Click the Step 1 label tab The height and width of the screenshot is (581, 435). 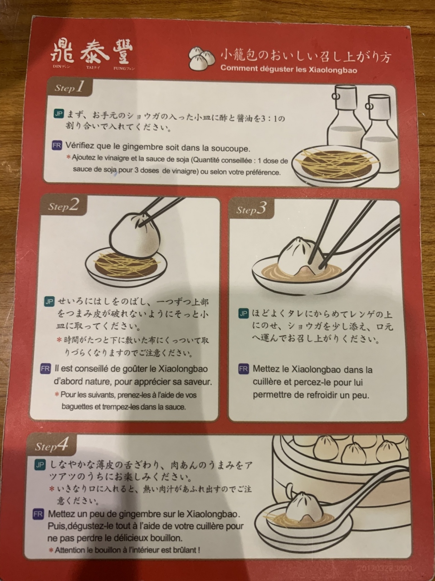click(x=69, y=87)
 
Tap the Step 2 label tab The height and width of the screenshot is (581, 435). click(x=64, y=206)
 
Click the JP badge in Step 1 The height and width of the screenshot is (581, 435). click(x=59, y=114)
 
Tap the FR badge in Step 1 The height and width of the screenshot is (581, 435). click(x=57, y=145)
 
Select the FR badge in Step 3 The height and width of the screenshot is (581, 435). click(x=244, y=369)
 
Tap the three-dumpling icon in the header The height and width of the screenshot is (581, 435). click(x=201, y=58)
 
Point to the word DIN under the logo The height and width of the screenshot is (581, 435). click(x=58, y=66)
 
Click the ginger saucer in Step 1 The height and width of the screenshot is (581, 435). click(x=336, y=164)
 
